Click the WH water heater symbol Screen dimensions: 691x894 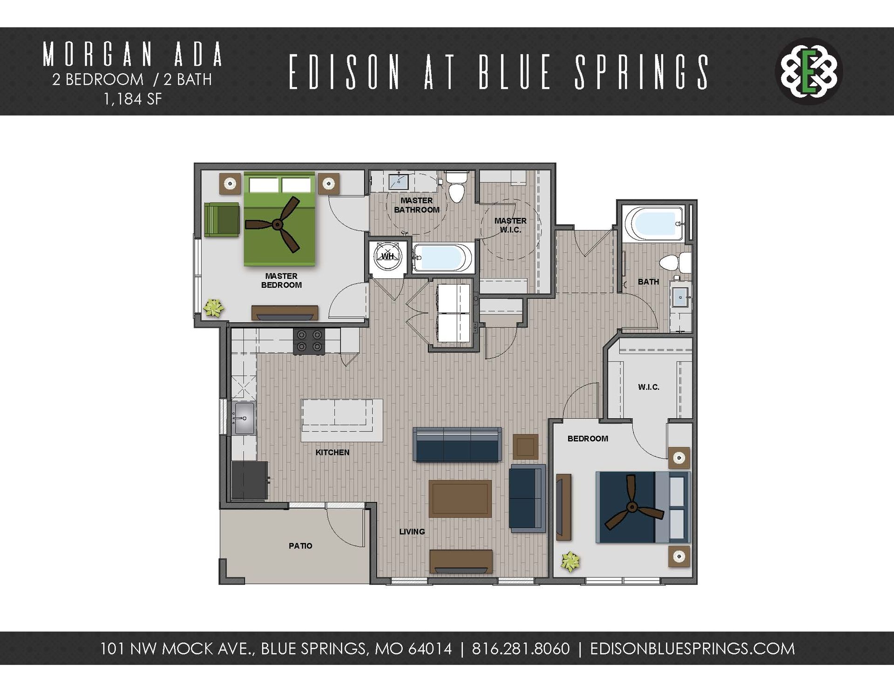click(x=388, y=256)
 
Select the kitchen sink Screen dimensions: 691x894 click(x=244, y=418)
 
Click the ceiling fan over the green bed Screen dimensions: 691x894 click(x=278, y=225)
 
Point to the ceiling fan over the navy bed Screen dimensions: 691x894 click(x=632, y=507)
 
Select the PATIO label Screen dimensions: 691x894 click(x=300, y=546)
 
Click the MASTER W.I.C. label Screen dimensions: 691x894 click(x=510, y=225)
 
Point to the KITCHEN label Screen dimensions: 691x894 click(x=332, y=452)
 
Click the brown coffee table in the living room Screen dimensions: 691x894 click(x=460, y=499)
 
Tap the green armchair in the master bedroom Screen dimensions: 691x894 click(x=222, y=219)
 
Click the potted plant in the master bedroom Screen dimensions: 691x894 click(x=214, y=307)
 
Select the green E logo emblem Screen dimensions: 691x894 click(x=809, y=71)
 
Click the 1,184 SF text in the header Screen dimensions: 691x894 click(x=133, y=99)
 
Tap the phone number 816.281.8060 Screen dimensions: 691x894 click(x=521, y=648)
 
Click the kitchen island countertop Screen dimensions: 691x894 click(x=341, y=420)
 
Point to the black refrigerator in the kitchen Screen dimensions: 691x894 click(x=250, y=481)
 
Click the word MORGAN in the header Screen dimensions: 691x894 click(x=98, y=54)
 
